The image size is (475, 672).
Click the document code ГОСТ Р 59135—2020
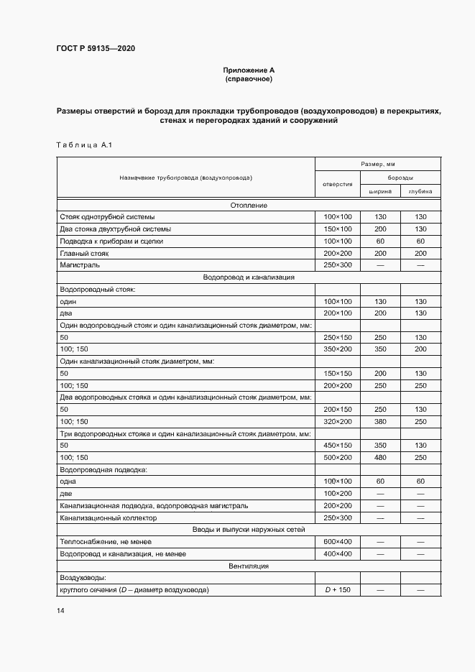(x=95, y=49)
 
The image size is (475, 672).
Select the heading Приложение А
(x=249, y=70)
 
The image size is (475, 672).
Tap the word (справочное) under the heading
(x=249, y=78)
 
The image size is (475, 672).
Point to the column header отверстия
(x=337, y=184)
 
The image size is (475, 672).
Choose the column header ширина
(x=380, y=192)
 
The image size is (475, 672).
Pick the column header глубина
(x=420, y=192)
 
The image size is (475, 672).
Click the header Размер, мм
(x=380, y=164)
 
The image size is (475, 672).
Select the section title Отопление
(x=249, y=205)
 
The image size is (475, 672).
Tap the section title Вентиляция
(x=249, y=566)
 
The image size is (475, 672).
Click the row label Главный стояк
(x=81, y=253)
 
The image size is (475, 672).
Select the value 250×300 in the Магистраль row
(x=337, y=265)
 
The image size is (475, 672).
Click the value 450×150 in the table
(x=337, y=446)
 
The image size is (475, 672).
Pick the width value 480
(x=380, y=458)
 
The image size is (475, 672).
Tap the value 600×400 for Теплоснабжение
(x=337, y=542)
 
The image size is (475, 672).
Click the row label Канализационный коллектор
(x=108, y=517)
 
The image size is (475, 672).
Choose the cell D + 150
(x=337, y=590)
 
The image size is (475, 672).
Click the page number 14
(x=60, y=611)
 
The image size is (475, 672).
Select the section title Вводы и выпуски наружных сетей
(x=249, y=530)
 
